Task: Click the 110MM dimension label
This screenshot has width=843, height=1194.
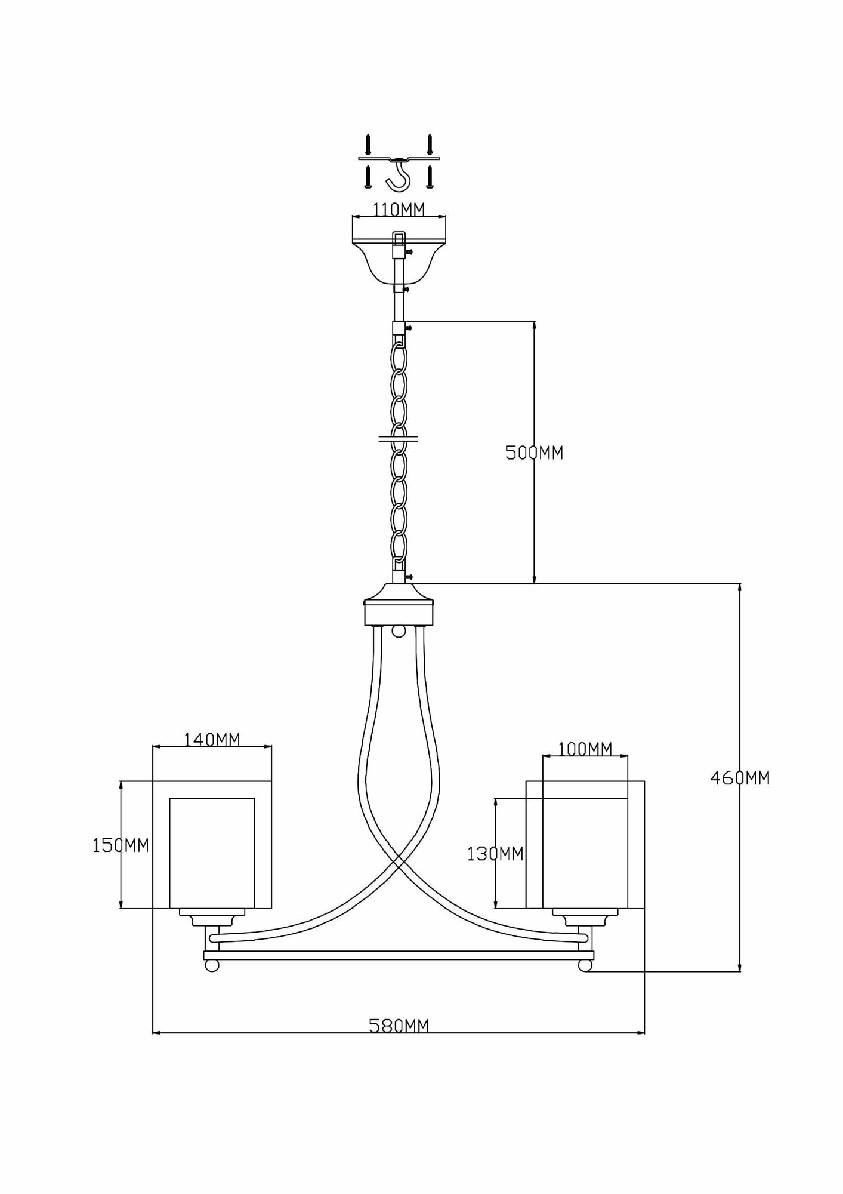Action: (399, 210)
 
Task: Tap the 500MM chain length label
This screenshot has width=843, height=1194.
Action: (534, 453)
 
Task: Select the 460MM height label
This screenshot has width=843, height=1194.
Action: (740, 778)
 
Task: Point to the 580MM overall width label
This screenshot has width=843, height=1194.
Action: (399, 1026)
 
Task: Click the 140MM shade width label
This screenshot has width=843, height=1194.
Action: (212, 740)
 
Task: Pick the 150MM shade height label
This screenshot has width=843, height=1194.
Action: (121, 845)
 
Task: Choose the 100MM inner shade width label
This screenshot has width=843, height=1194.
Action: (585, 749)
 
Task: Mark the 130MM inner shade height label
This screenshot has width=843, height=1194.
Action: (495, 854)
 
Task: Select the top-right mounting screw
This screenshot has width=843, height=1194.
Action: (428, 143)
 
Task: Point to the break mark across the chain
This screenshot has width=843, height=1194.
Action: (399, 439)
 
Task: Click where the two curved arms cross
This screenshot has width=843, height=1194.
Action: (399, 863)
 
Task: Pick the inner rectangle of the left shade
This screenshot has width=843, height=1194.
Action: (212, 853)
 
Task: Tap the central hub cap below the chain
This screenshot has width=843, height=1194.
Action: (399, 604)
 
